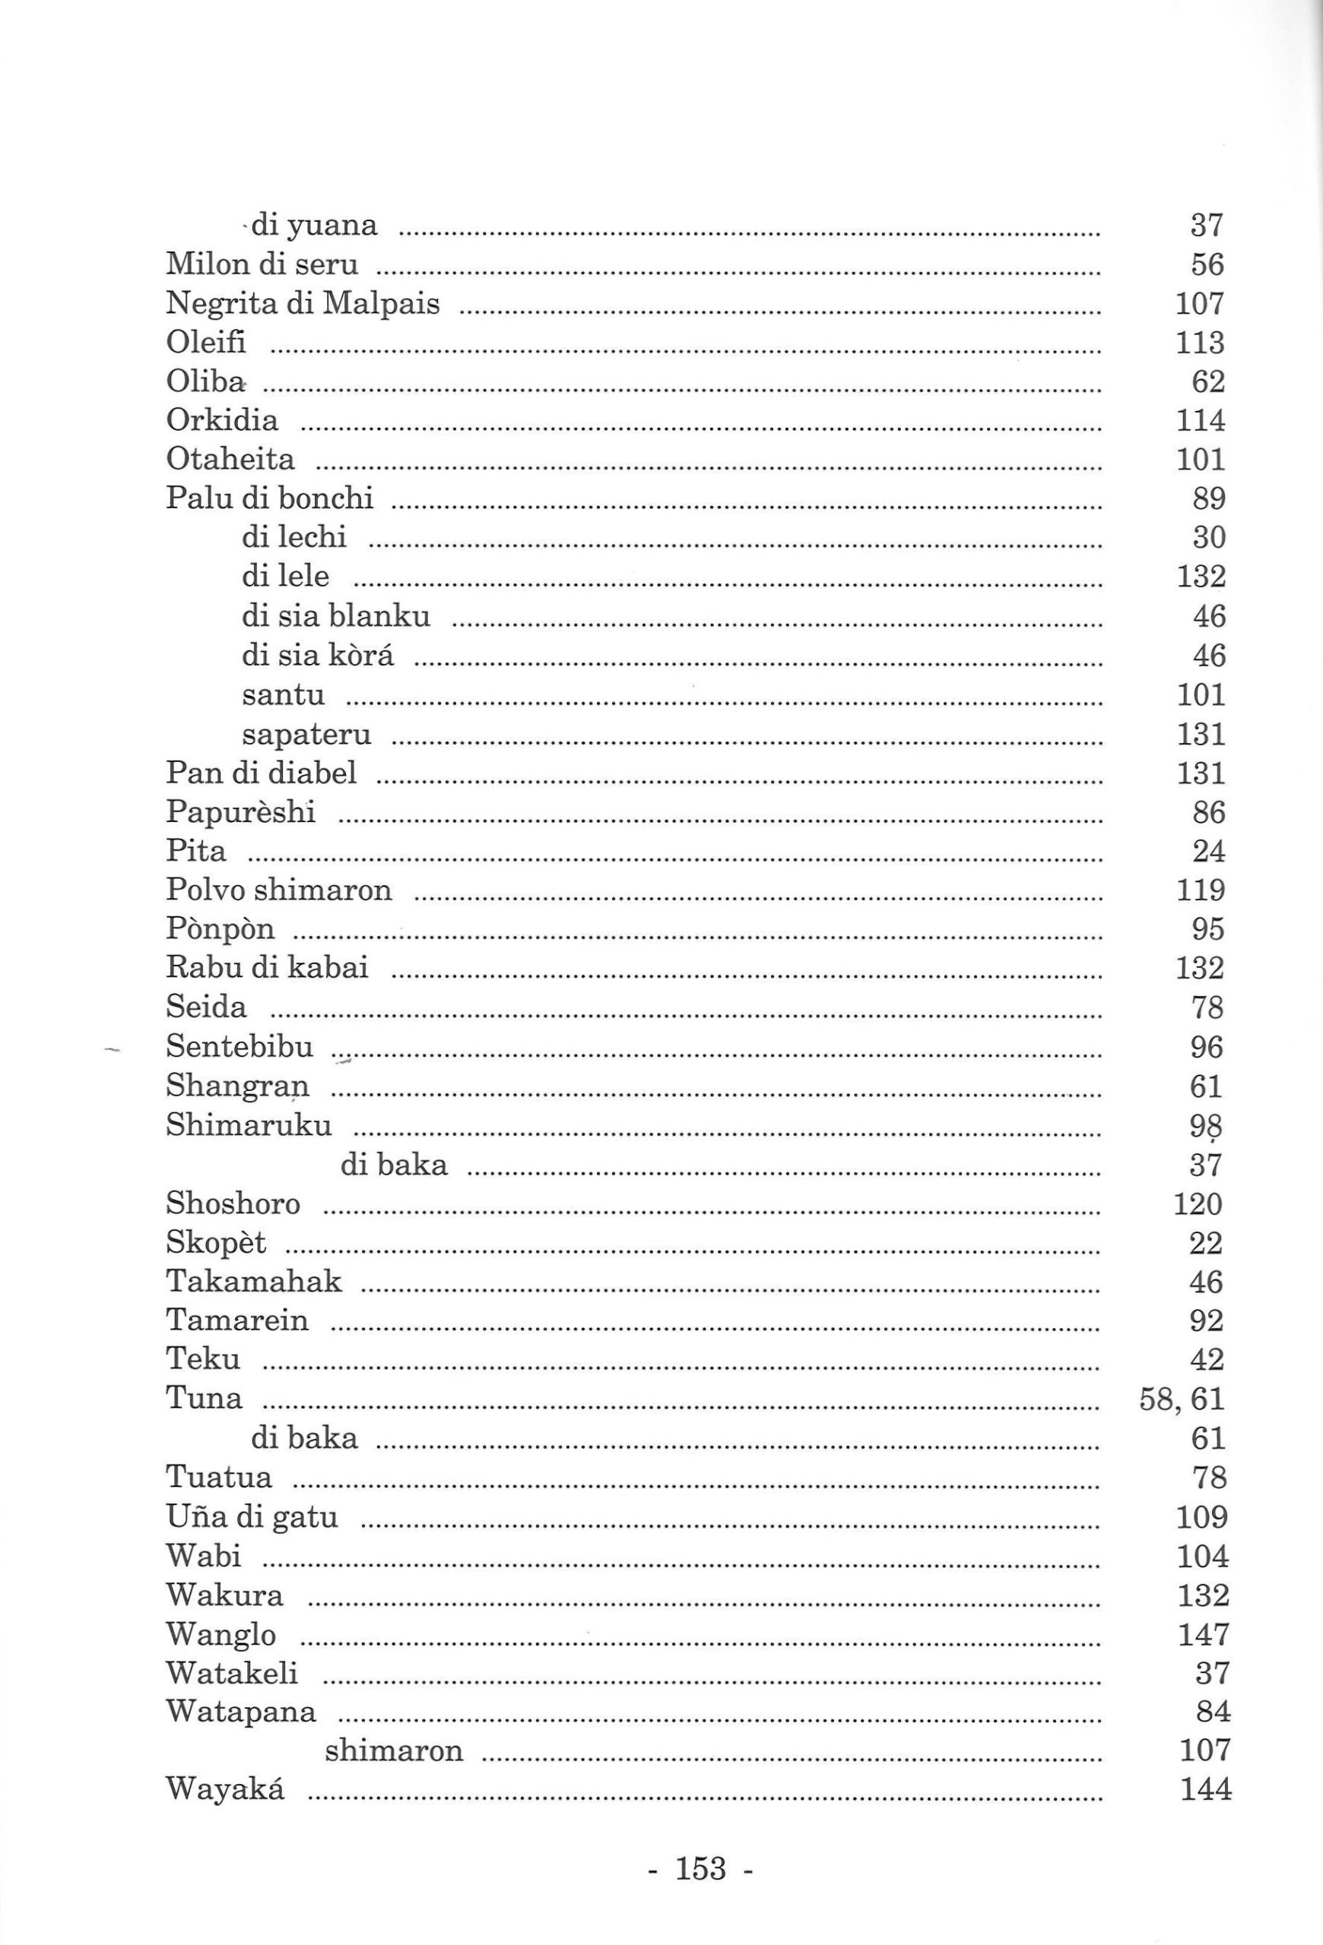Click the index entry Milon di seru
pyautogui.click(x=262, y=264)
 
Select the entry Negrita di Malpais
pyautogui.click(x=303, y=303)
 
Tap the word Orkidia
pyautogui.click(x=222, y=419)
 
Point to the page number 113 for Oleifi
pyautogui.click(x=1200, y=343)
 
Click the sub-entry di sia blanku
pyautogui.click(x=336, y=616)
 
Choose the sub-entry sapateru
pyautogui.click(x=306, y=734)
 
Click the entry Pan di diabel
pyautogui.click(x=262, y=772)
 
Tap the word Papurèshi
pyautogui.click(x=240, y=812)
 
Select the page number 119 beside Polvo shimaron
pyautogui.click(x=1201, y=890)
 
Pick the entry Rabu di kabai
pyautogui.click(x=266, y=967)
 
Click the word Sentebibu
pyautogui.click(x=240, y=1046)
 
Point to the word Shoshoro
pyautogui.click(x=233, y=1203)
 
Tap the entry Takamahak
pyautogui.click(x=254, y=1281)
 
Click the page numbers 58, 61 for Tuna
pyautogui.click(x=1182, y=1399)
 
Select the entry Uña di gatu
pyautogui.click(x=251, y=1516)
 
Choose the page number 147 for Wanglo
pyautogui.click(x=1204, y=1633)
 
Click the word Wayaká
pyautogui.click(x=225, y=1790)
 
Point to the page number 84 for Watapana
pyautogui.click(x=1214, y=1712)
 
